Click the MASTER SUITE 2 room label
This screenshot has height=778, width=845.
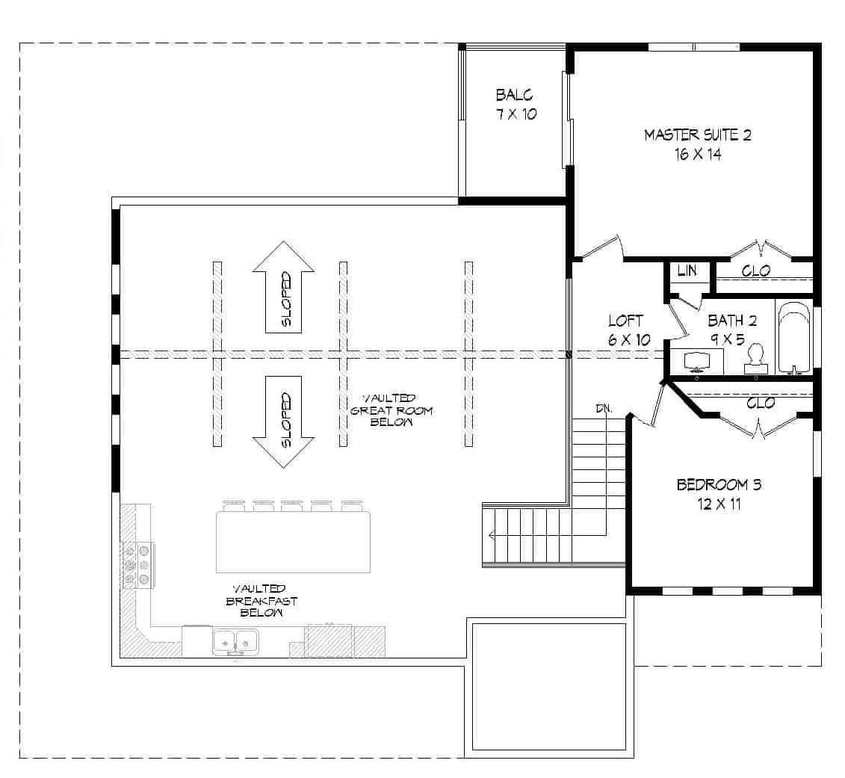point(697,135)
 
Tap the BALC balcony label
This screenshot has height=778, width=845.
point(515,96)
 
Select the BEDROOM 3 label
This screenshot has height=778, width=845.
point(719,485)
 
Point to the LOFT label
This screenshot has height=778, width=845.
point(625,321)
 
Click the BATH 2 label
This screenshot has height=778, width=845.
point(732,321)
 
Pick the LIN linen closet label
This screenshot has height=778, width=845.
point(687,271)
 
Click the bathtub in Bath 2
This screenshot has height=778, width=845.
point(793,338)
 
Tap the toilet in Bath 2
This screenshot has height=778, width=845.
point(755,359)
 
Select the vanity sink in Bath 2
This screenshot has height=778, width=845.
point(696,361)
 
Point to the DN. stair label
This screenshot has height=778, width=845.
point(604,409)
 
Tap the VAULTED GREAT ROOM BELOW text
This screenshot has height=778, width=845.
point(392,410)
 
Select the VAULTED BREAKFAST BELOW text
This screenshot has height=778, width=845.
point(258,600)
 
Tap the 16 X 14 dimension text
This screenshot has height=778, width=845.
point(697,155)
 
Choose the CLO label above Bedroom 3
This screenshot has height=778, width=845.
point(759,403)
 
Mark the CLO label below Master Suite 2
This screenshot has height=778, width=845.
point(755,271)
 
